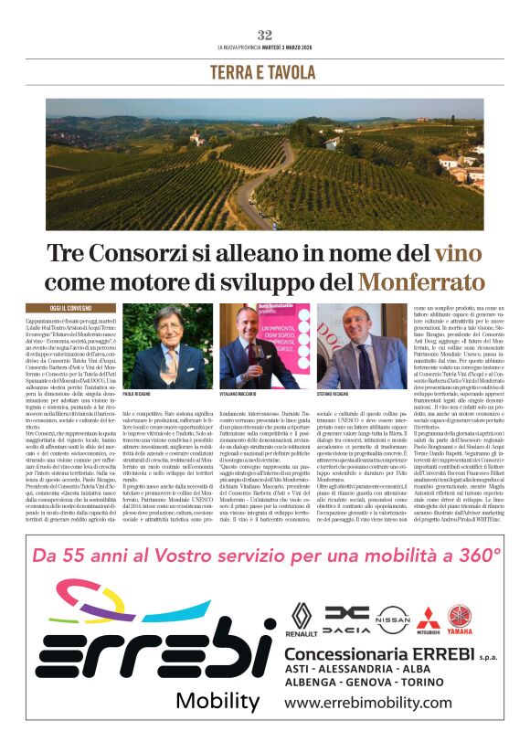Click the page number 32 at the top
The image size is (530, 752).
[265, 35]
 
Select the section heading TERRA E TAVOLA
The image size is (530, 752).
[264, 72]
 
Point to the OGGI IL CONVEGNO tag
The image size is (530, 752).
[58, 309]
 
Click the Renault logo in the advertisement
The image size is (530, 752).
[302, 620]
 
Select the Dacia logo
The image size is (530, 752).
[347, 620]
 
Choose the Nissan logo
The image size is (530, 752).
[394, 620]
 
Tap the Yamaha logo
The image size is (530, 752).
[461, 620]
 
